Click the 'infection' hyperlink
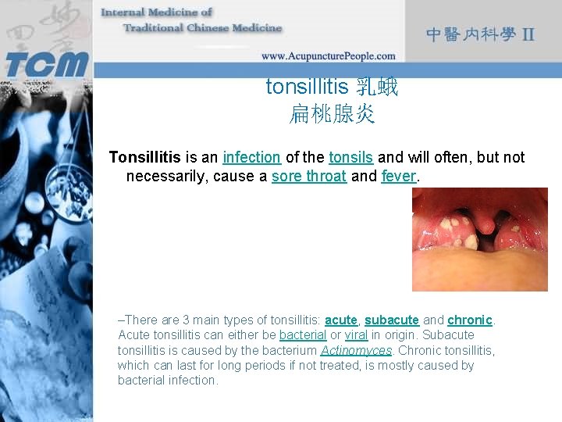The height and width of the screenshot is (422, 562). point(251,157)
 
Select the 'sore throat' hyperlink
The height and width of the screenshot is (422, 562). point(308,176)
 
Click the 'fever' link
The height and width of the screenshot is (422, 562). point(398,176)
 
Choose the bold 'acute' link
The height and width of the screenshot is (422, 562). point(341,320)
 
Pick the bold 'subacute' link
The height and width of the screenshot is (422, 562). point(392,320)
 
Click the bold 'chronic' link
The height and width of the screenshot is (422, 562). point(471,320)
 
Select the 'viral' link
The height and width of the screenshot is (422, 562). point(356,335)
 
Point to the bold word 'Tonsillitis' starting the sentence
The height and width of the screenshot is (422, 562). point(145,157)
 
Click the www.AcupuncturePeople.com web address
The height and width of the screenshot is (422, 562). point(328,55)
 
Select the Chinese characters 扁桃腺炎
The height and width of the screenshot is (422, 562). point(332,116)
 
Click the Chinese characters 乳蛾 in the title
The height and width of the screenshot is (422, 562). point(377,86)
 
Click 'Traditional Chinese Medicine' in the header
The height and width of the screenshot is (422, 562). point(202,28)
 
